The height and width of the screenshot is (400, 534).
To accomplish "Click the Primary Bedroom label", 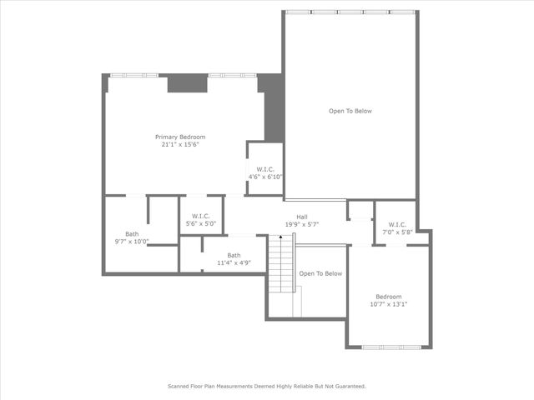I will click(180, 137).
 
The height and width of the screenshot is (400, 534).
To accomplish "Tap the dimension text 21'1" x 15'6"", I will click(180, 144).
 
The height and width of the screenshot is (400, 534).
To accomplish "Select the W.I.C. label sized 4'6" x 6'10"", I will click(266, 169).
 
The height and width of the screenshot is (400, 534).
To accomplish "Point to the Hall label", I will click(302, 217).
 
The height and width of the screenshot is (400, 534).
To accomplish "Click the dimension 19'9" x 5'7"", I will click(302, 224).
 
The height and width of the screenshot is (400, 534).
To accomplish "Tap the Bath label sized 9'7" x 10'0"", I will click(132, 234).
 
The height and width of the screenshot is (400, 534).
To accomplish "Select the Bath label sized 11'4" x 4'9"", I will click(234, 256).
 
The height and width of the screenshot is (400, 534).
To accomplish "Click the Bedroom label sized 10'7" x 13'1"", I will click(388, 297).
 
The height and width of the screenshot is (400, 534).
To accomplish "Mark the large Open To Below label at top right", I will click(350, 111).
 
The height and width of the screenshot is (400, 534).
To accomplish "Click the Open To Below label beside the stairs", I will click(321, 273).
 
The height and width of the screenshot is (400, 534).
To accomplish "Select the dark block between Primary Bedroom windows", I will click(187, 83).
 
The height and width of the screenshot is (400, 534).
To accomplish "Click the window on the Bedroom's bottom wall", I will click(389, 347).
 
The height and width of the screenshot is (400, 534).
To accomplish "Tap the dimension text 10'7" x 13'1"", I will click(388, 304).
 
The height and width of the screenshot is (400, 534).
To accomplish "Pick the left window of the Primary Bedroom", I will click(133, 75).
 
